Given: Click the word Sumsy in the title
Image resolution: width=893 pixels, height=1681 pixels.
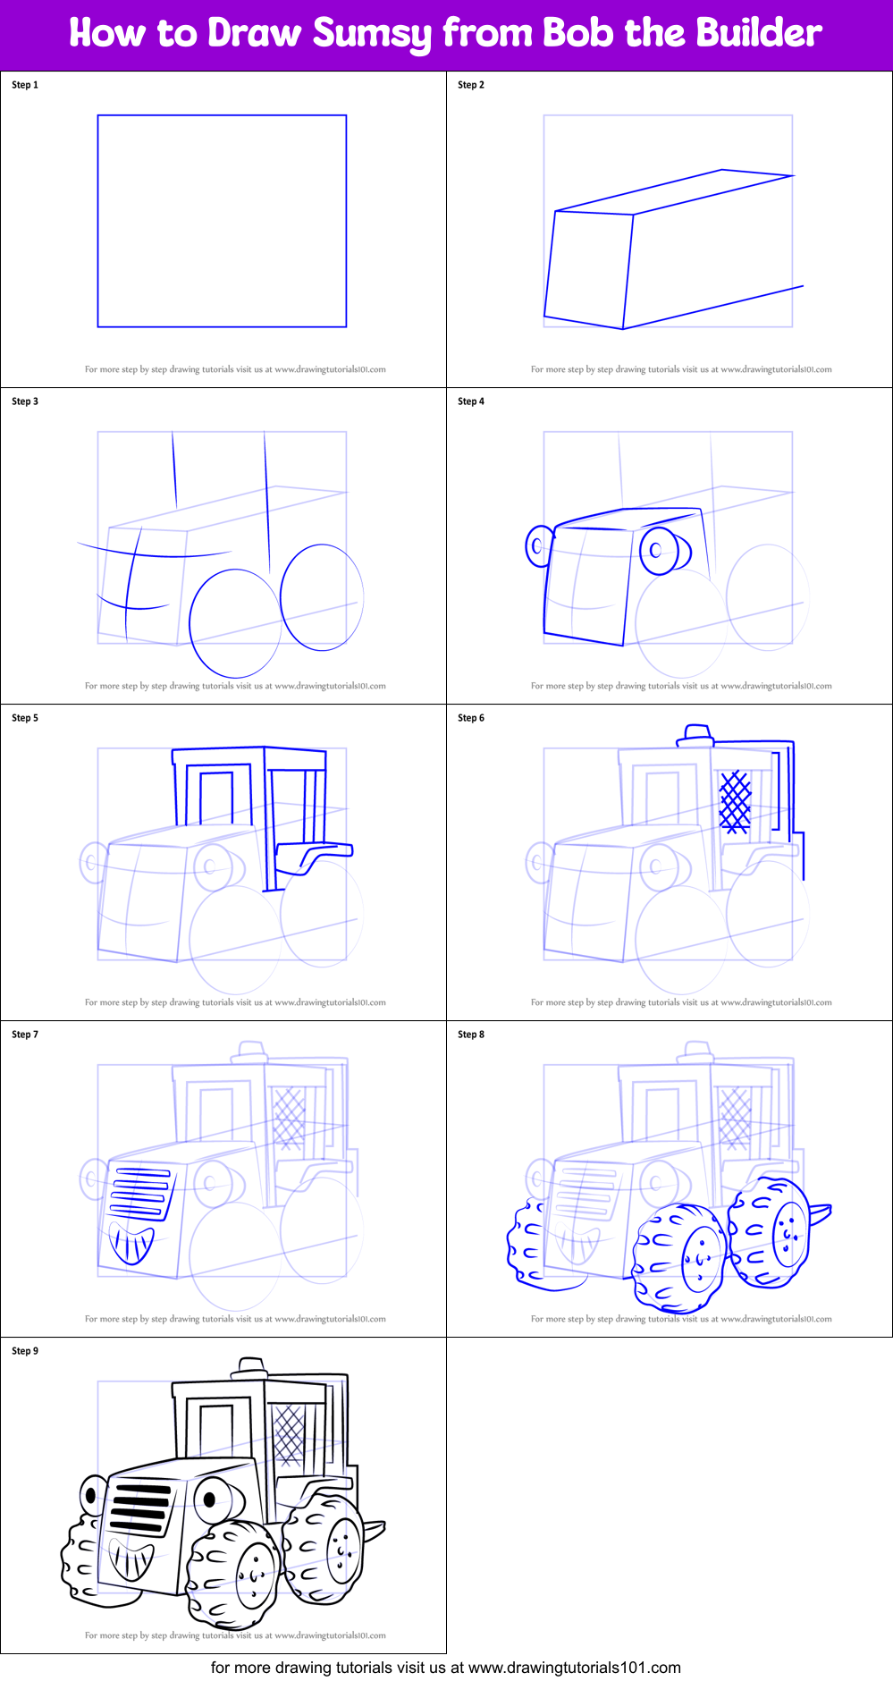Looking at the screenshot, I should point(372,34).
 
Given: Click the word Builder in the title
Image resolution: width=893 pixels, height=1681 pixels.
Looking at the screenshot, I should point(759,34).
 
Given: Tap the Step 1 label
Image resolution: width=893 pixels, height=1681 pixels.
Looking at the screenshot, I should point(25,85).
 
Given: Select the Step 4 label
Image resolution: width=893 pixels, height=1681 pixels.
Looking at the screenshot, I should point(471,401).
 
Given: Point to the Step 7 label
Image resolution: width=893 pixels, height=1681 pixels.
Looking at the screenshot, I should point(25,1035).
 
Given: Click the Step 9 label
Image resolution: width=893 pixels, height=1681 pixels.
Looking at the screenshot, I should point(25,1351).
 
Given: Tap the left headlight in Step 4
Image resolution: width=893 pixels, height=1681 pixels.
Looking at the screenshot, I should point(538,545).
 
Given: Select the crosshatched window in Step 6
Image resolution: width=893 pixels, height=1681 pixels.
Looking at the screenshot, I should point(736,802).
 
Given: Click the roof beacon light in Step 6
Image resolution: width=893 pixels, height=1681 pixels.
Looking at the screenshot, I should point(696,735).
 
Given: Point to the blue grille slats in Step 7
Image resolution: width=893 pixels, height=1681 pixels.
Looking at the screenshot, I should point(140,1191).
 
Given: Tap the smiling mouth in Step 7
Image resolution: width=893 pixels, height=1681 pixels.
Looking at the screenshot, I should point(131,1243).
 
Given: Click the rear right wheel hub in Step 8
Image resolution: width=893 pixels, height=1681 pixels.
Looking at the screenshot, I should point(788,1234).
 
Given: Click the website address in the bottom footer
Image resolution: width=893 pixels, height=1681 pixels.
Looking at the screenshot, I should point(574,1668).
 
